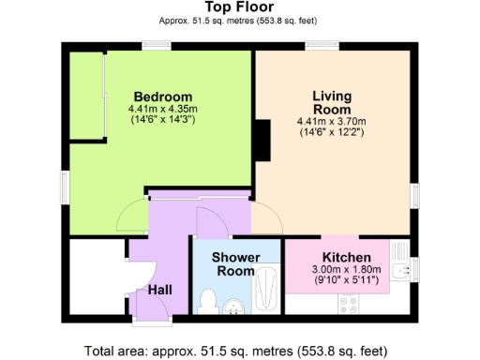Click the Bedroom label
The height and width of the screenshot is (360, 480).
(x=162, y=97)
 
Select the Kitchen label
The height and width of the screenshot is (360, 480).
(x=346, y=257)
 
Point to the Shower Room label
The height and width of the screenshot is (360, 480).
(x=234, y=263)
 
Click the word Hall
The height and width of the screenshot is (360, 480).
(x=159, y=292)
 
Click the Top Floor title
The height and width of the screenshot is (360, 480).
(x=239, y=7)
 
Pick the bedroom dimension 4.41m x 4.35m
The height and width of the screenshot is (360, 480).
(x=162, y=109)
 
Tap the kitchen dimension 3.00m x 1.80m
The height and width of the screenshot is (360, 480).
(x=346, y=268)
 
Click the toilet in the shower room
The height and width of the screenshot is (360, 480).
(x=209, y=301)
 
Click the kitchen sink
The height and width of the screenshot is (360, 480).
(x=401, y=272)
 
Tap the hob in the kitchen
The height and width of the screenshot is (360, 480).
(x=351, y=306)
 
